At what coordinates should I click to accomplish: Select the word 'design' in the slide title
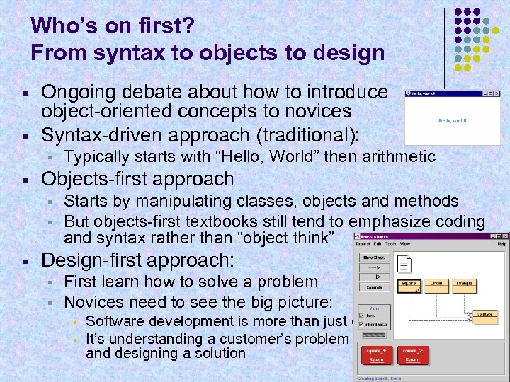347,52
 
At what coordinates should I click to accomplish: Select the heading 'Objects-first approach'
137,179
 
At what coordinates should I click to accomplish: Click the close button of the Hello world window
497,93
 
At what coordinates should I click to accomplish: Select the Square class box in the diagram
409,285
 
